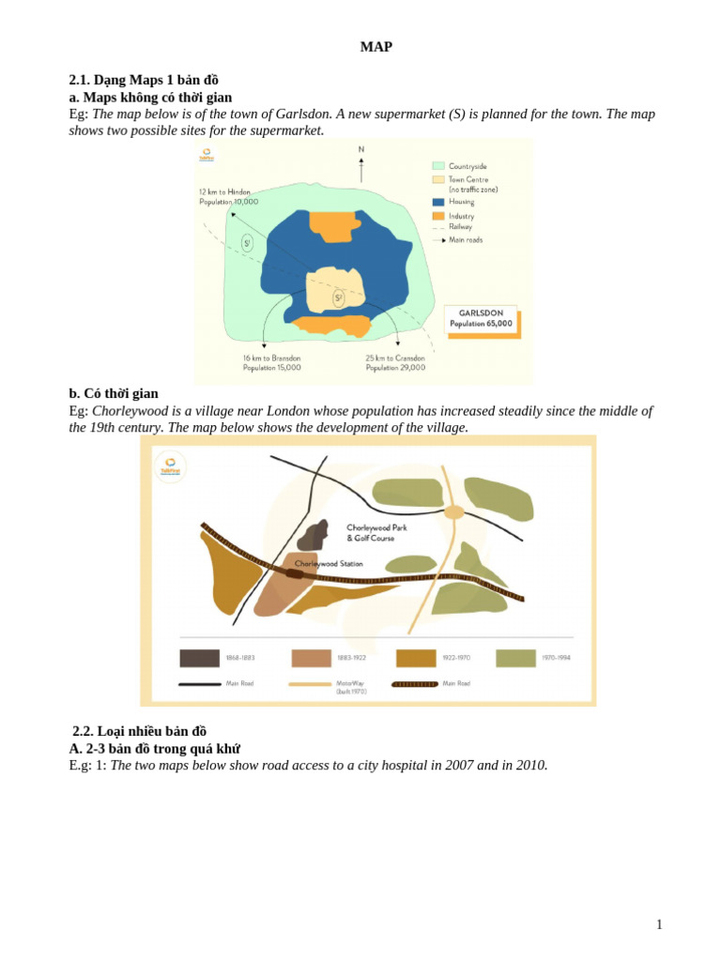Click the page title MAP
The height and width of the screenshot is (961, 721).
376,47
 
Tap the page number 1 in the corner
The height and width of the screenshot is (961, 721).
659,924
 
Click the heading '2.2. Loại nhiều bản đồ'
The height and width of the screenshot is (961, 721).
139,731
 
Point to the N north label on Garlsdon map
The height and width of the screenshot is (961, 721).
361,149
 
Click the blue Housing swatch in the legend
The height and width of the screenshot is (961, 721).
438,202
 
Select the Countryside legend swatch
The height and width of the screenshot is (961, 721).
438,166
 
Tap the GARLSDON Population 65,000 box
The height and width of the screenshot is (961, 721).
481,318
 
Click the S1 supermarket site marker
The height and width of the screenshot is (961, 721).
247,243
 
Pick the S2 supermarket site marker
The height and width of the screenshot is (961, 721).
338,299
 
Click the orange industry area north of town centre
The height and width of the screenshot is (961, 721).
335,226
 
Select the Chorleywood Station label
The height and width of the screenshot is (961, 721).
329,564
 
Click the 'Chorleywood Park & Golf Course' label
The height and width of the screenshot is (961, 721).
377,532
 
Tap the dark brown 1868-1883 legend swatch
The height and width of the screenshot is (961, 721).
199,658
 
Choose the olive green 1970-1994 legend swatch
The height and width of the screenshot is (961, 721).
515,658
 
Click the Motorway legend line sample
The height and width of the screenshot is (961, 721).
310,684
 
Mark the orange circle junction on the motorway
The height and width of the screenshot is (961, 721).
454,511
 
